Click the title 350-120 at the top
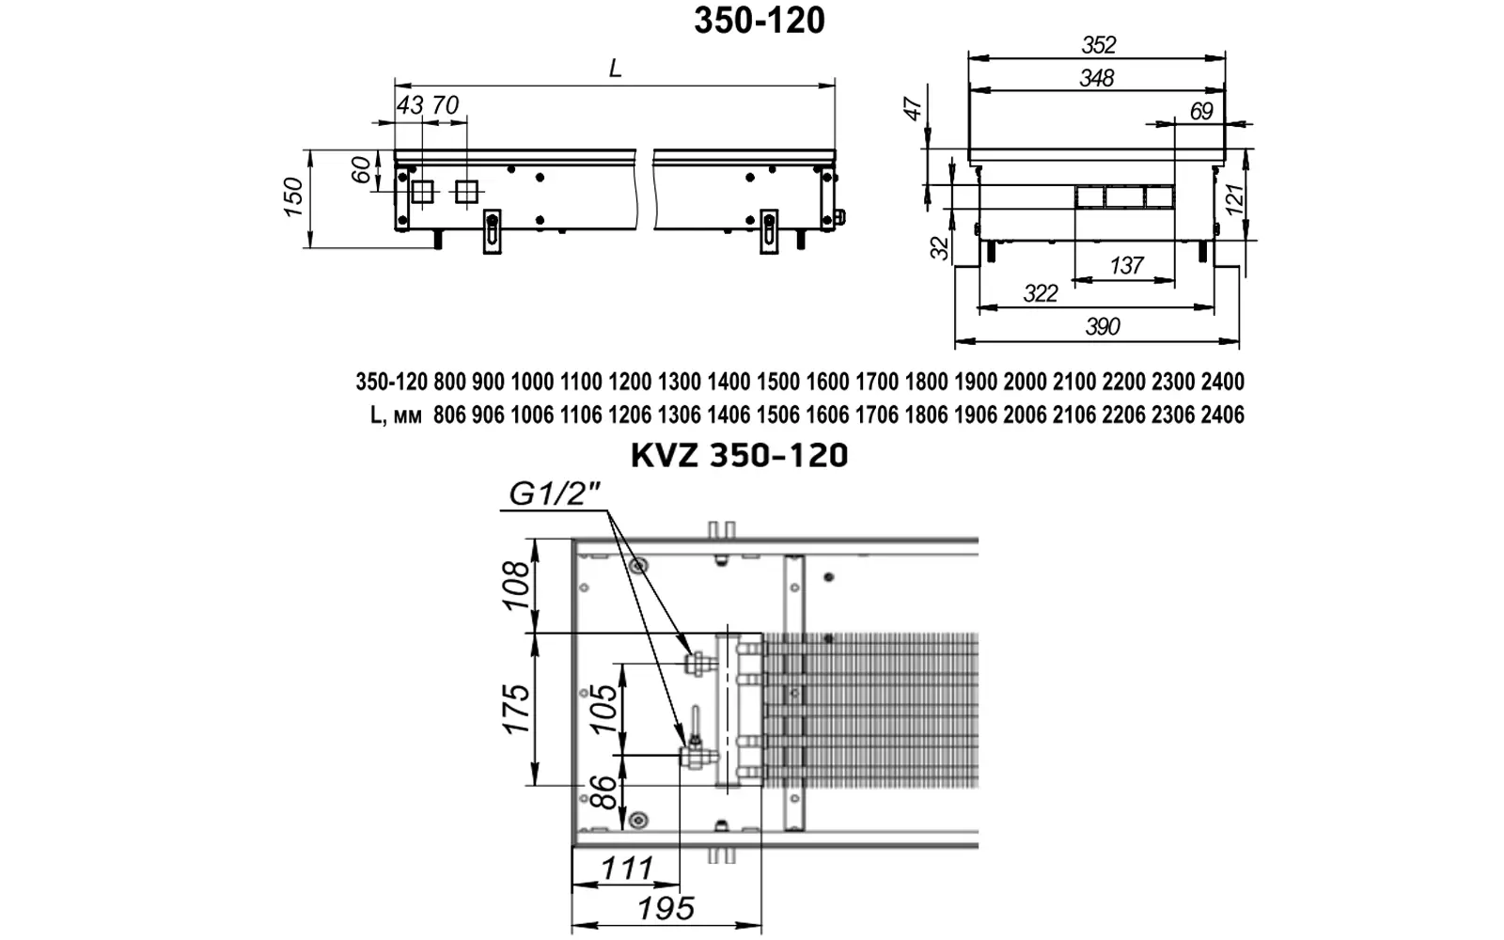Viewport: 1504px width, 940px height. tap(760, 20)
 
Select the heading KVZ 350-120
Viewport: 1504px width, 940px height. tap(739, 455)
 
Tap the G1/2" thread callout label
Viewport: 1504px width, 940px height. tap(554, 494)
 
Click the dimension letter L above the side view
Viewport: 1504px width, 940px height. tap(615, 68)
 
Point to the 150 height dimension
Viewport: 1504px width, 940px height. tap(294, 197)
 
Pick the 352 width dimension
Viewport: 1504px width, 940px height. tap(1099, 45)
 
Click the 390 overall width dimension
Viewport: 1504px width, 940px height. tap(1102, 326)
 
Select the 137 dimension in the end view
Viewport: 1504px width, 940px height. tap(1126, 266)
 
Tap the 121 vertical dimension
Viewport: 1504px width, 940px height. tap(1234, 198)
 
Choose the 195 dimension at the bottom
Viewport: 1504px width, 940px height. tap(666, 909)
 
